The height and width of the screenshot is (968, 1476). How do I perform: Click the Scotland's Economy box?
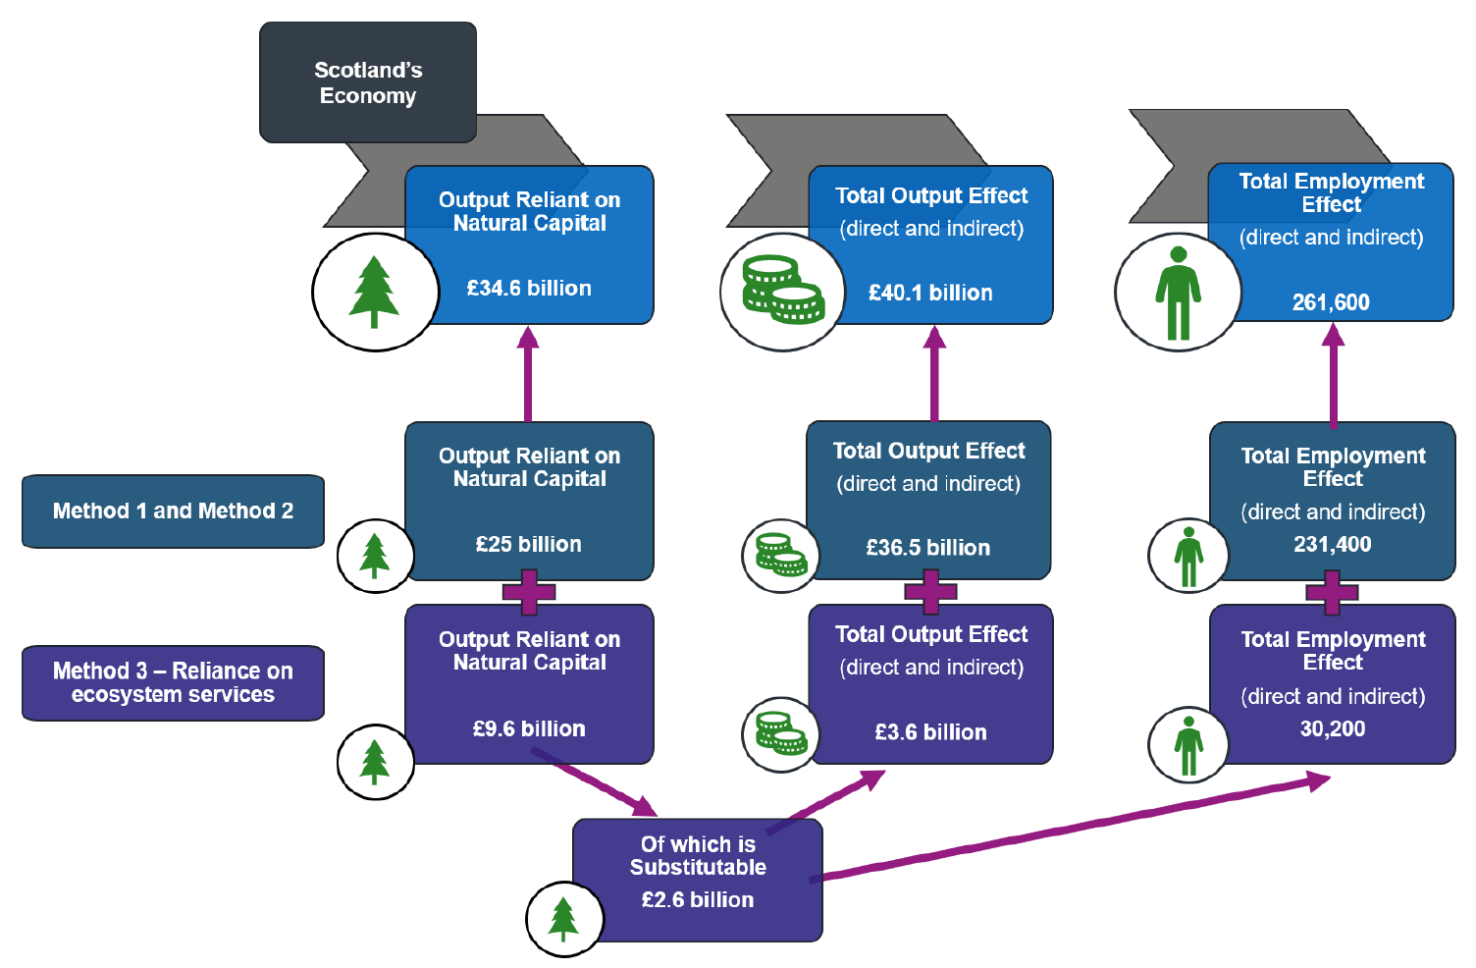coord(367,82)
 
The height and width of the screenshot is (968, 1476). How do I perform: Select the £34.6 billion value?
coord(529,288)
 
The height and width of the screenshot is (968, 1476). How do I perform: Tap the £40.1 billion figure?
coord(930,293)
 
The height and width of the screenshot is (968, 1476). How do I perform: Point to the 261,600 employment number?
coord(1331,302)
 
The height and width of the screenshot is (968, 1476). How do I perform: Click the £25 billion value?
coord(529,544)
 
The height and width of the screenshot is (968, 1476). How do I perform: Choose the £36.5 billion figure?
coord(928,548)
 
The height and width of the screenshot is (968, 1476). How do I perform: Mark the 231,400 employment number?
coord(1333,544)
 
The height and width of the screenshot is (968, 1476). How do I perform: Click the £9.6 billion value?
coord(529,728)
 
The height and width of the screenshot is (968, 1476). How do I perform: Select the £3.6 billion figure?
coord(930,732)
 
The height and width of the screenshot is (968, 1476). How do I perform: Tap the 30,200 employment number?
coord(1333,728)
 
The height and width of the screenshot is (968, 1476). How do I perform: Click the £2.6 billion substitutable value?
coord(698,899)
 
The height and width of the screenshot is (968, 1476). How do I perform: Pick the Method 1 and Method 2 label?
coord(173,511)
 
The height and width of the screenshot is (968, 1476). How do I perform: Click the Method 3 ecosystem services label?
coord(173,682)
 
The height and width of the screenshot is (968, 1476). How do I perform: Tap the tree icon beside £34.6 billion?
coord(374,292)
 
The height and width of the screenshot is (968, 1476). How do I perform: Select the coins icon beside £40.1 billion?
coord(782,292)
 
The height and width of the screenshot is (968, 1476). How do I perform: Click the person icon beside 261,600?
coord(1178,292)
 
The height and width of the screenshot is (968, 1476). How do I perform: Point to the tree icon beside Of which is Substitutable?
coord(563,919)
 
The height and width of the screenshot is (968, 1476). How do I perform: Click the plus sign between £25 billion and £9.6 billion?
coord(529,592)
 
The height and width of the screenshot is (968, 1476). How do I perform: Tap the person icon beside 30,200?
coord(1188,745)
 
